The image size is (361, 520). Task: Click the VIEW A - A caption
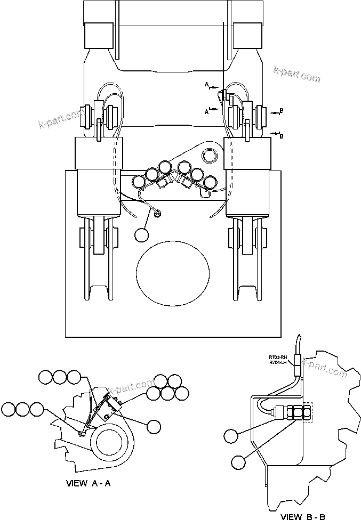(x=87, y=484)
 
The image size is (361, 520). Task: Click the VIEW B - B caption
(x=302, y=516)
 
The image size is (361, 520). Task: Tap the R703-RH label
(x=277, y=357)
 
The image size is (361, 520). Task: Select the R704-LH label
(x=277, y=363)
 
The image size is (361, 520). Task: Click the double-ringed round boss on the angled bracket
(x=209, y=155)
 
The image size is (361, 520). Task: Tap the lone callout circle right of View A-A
(x=154, y=426)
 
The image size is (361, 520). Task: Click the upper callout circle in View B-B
(x=231, y=436)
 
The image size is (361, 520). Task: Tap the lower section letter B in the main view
(x=282, y=136)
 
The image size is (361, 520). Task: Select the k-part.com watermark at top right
(x=296, y=74)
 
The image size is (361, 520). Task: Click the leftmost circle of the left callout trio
(x=9, y=409)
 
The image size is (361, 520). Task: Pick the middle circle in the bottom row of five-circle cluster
(x=167, y=393)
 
